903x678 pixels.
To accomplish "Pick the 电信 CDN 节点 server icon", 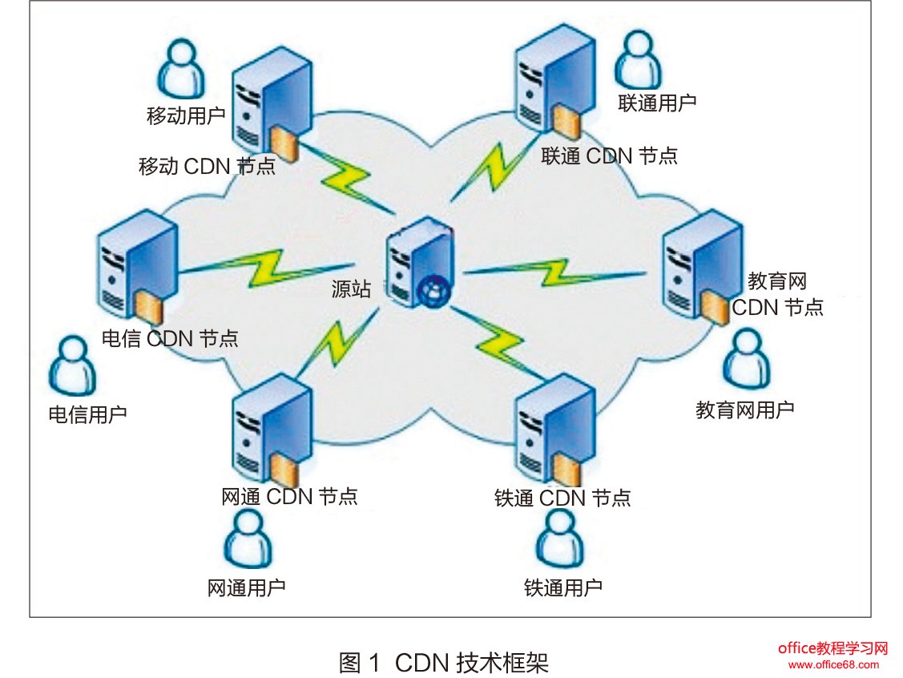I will pos(133,264).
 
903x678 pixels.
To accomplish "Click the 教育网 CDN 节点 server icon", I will pos(699,264).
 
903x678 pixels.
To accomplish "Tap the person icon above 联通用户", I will pos(641,60).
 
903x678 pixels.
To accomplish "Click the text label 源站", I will pos(352,289).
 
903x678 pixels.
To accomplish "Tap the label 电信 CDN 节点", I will pos(170,337).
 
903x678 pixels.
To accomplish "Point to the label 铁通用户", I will pos(563,587).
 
